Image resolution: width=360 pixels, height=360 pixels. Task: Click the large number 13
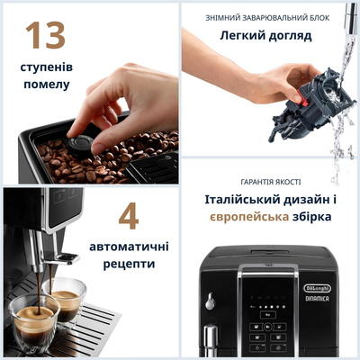click(46, 35)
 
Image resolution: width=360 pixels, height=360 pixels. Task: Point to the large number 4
click(129, 215)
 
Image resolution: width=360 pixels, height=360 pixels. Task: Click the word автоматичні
click(129, 246)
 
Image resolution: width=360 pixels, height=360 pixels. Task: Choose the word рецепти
click(129, 265)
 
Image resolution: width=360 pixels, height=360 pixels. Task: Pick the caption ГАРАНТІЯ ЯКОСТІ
click(271, 180)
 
